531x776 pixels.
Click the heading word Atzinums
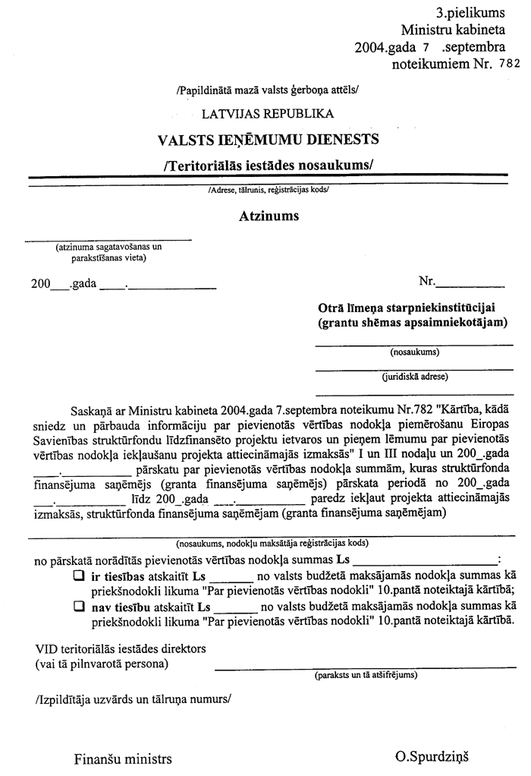[x=269, y=216]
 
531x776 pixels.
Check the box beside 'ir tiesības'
[x=77, y=576]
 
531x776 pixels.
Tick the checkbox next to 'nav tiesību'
[x=77, y=607]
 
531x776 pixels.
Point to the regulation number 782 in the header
[x=510, y=65]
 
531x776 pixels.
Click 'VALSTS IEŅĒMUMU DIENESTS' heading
[x=268, y=140]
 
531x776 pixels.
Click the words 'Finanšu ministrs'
[x=123, y=759]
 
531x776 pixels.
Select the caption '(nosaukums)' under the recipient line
[x=414, y=352]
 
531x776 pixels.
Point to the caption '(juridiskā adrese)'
[x=414, y=376]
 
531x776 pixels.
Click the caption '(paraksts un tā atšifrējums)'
[x=365, y=674]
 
